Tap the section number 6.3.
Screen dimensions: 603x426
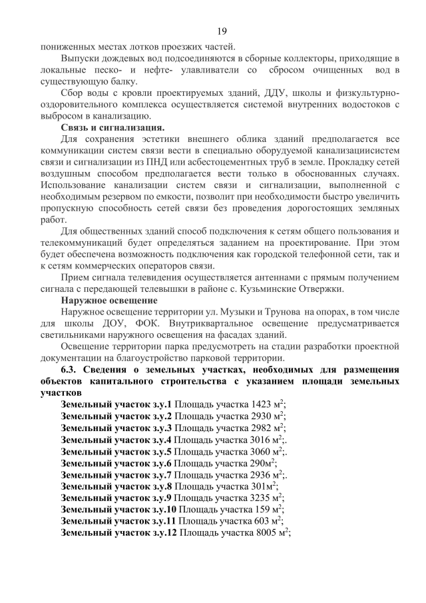(71, 370)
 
